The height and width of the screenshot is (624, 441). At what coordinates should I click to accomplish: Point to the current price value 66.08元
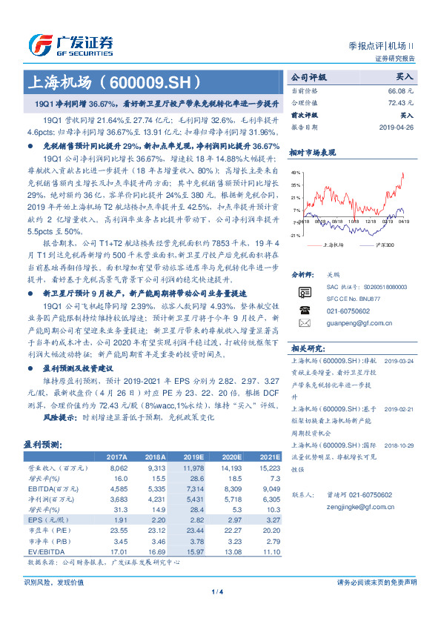tap(400, 90)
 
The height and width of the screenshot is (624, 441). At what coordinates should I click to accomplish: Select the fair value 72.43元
tap(400, 103)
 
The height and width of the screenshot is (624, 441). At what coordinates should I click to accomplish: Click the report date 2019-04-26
tap(396, 127)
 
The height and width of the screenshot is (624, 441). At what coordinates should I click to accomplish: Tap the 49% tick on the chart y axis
tap(296, 171)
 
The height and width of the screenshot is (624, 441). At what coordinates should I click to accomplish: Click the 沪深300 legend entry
tap(383, 244)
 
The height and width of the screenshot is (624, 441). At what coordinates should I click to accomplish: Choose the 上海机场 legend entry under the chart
tap(335, 244)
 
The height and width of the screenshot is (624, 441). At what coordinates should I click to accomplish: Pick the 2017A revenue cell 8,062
tap(119, 468)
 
